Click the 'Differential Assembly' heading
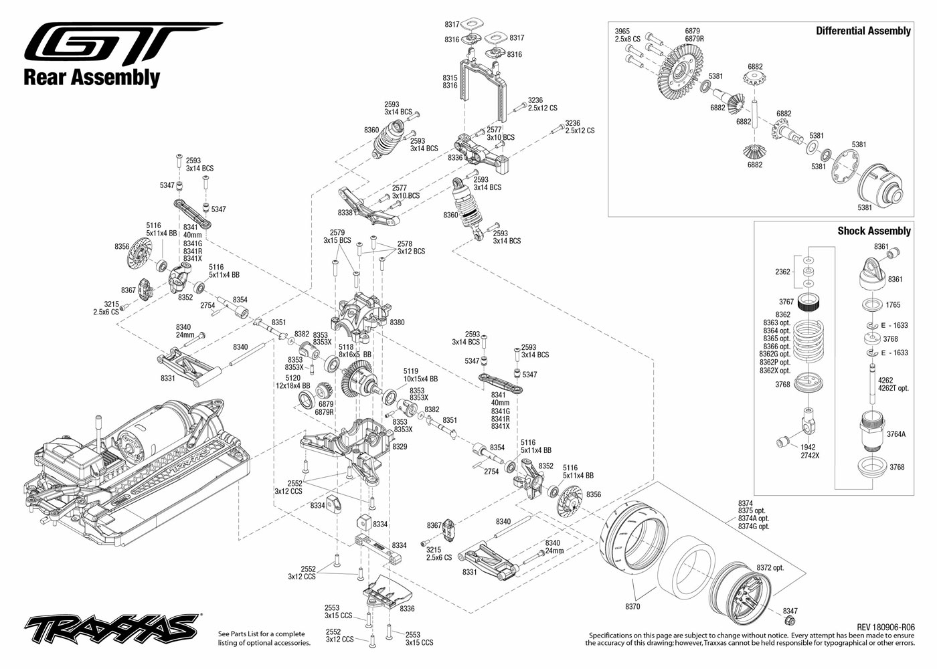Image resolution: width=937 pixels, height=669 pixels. pyautogui.click(x=863, y=31)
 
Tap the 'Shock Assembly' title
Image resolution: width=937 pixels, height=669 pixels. pyautogui.click(x=874, y=231)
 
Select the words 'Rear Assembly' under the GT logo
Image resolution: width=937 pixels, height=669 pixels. pyautogui.click(x=92, y=78)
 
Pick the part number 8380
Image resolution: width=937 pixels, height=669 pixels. pyautogui.click(x=397, y=322)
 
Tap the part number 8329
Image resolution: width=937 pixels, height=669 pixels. pyautogui.click(x=400, y=447)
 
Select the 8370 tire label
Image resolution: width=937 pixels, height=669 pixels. pyautogui.click(x=632, y=607)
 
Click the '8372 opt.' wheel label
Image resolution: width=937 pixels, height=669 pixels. pyautogui.click(x=770, y=568)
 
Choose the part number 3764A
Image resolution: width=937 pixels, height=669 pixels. pyautogui.click(x=896, y=434)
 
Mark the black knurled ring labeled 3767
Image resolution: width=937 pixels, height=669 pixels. pyautogui.click(x=808, y=302)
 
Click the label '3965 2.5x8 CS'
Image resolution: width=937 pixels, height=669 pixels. pyautogui.click(x=628, y=35)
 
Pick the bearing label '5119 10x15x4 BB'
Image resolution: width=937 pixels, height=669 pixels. pyautogui.click(x=420, y=375)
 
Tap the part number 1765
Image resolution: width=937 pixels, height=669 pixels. pyautogui.click(x=893, y=305)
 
